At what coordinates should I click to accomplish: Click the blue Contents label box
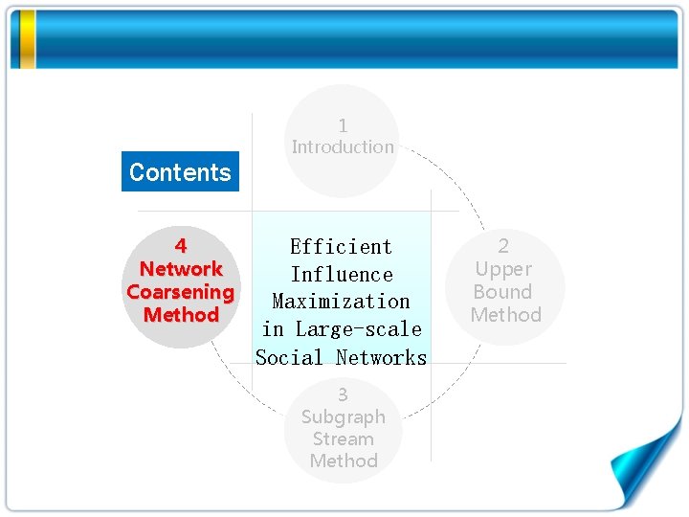click(180, 172)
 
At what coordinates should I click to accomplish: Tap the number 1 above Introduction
click(343, 125)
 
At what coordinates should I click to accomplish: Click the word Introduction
click(343, 146)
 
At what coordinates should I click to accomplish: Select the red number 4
click(181, 246)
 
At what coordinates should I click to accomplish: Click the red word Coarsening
click(180, 292)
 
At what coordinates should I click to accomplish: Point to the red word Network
click(181, 269)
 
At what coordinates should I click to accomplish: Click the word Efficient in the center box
click(341, 246)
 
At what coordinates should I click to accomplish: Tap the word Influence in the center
click(341, 274)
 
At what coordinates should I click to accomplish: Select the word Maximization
click(341, 301)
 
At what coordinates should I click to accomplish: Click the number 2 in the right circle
click(503, 246)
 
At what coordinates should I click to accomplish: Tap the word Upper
click(503, 269)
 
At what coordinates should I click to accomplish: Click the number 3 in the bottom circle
click(343, 394)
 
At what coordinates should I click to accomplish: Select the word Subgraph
click(343, 416)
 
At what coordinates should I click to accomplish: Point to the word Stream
click(343, 438)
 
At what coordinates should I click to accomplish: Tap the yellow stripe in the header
click(28, 39)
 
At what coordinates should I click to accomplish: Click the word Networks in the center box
click(381, 357)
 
